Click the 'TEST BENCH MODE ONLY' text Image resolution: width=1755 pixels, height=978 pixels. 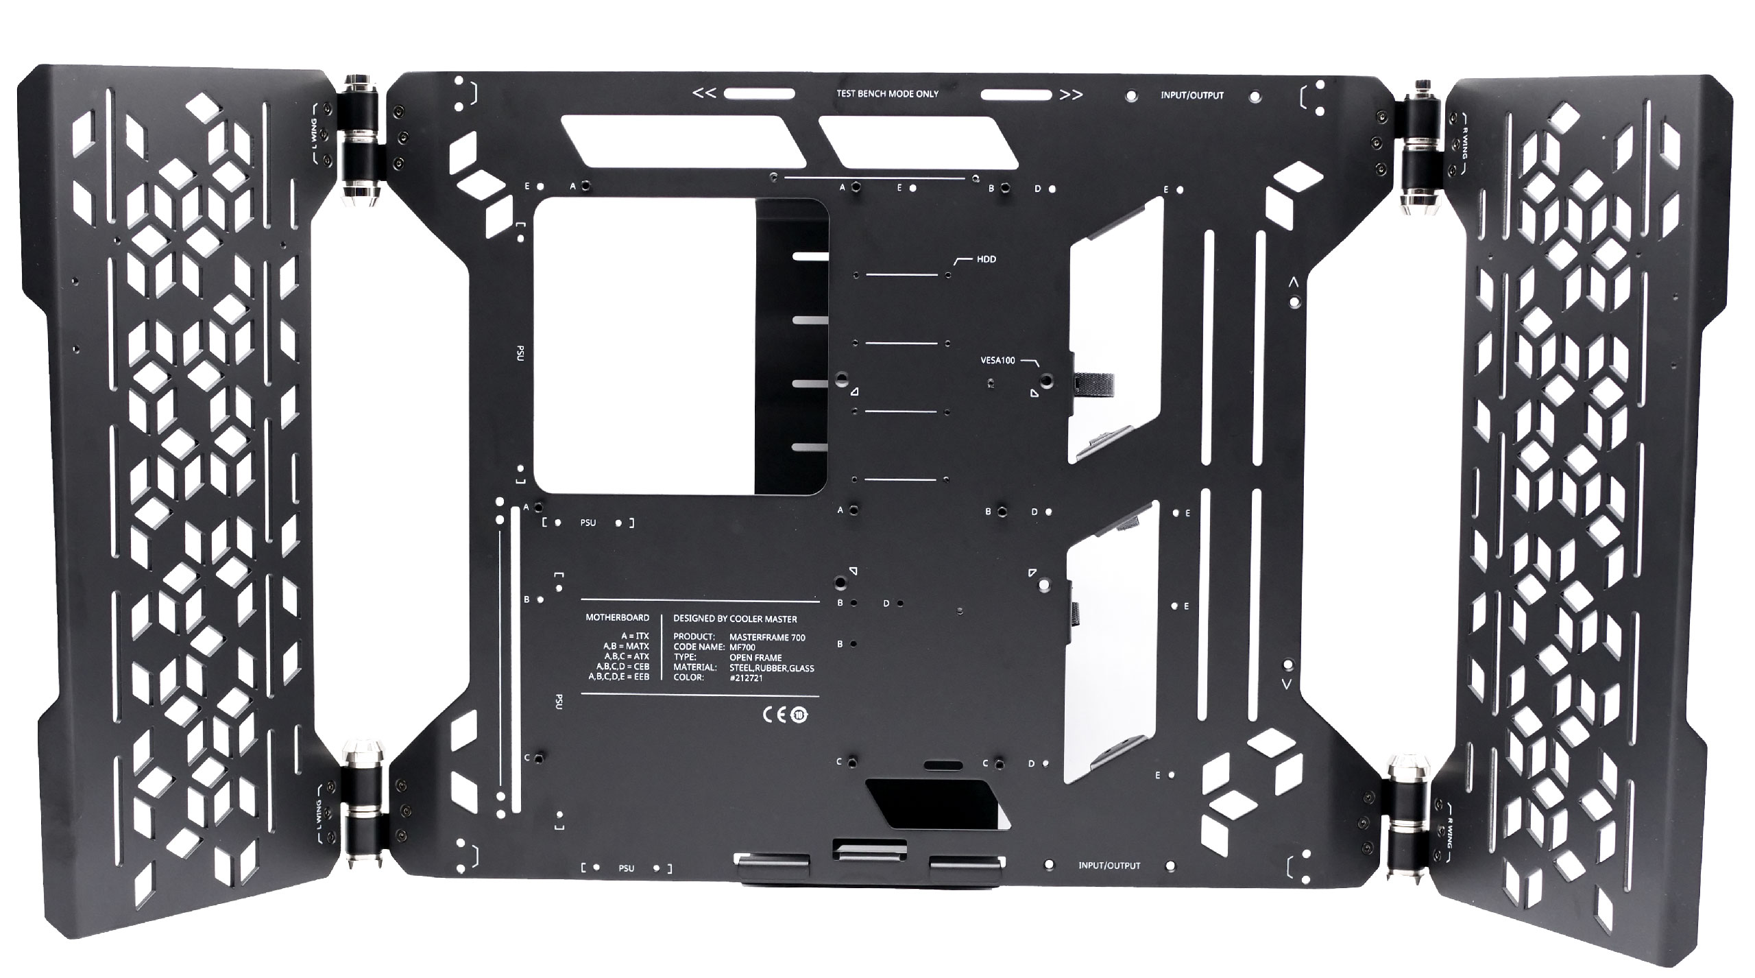[x=888, y=94]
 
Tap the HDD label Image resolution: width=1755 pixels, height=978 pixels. [x=986, y=259]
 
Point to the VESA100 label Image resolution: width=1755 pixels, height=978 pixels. [x=997, y=361]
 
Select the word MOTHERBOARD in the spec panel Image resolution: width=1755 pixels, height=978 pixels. [x=617, y=617]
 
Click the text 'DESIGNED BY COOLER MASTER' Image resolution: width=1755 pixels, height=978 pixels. [x=735, y=619]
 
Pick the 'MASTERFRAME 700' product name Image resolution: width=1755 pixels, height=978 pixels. [x=767, y=637]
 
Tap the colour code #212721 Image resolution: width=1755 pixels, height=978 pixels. [x=746, y=678]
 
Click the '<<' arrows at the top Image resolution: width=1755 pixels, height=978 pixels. [x=705, y=93]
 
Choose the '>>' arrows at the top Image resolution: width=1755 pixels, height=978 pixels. [x=1071, y=95]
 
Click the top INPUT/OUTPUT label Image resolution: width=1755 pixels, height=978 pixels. [x=1191, y=95]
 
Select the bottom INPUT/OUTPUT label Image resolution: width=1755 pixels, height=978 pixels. [x=1109, y=866]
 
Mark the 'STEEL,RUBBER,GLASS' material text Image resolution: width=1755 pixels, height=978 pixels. [x=771, y=667]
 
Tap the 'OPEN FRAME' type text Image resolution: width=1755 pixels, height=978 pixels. [x=755, y=658]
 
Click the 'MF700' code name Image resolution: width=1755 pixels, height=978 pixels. [x=742, y=647]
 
